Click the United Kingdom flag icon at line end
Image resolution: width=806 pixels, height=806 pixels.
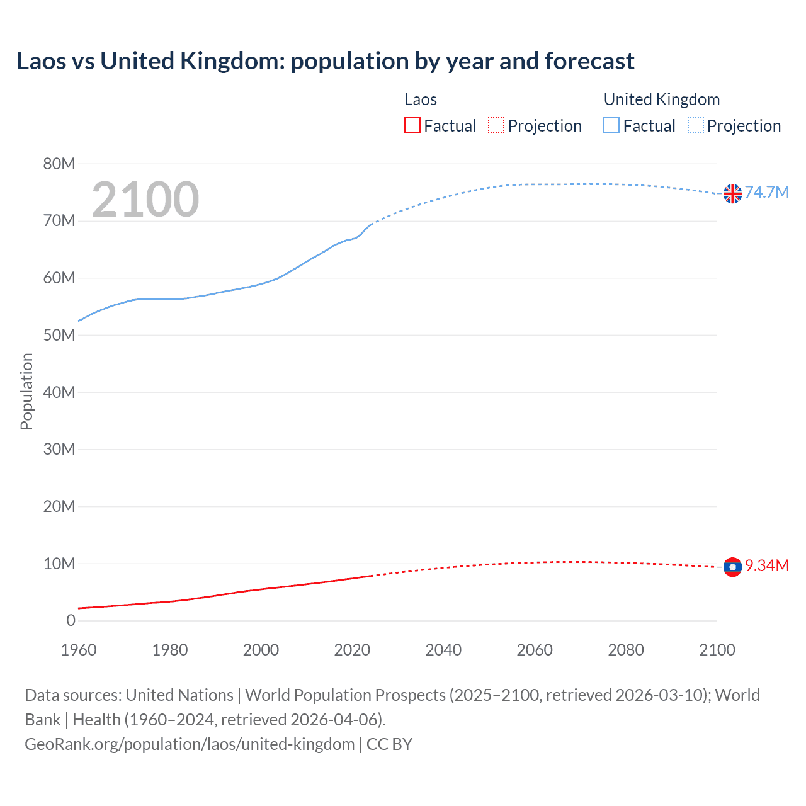[x=732, y=194]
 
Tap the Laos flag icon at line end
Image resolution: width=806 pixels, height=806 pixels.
[x=732, y=567]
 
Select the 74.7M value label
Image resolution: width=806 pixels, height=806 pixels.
[x=766, y=192]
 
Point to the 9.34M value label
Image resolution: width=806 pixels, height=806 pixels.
[x=766, y=565]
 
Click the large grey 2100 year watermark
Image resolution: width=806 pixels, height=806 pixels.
[x=145, y=200]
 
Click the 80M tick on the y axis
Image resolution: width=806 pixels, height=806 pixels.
[x=59, y=164]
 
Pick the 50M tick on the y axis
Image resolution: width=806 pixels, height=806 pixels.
[x=59, y=335]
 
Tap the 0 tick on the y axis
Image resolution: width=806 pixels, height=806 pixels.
[x=71, y=620]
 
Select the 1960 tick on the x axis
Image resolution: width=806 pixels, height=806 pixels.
[x=79, y=650]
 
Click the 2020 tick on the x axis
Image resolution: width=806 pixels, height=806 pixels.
[x=352, y=650]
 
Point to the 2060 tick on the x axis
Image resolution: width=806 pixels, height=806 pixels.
[x=535, y=650]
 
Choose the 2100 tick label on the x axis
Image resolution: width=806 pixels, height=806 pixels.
[x=717, y=650]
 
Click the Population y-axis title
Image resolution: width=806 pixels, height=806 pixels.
[x=26, y=391]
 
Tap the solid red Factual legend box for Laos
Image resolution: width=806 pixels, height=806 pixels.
[x=412, y=126]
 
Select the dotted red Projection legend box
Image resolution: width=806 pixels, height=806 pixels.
[x=496, y=126]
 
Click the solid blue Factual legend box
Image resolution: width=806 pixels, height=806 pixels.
[x=611, y=126]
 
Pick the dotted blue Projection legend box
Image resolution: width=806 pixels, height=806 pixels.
[x=695, y=126]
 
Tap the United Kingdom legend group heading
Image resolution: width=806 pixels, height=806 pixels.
[x=661, y=99]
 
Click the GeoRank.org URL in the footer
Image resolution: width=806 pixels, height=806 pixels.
[x=190, y=744]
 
